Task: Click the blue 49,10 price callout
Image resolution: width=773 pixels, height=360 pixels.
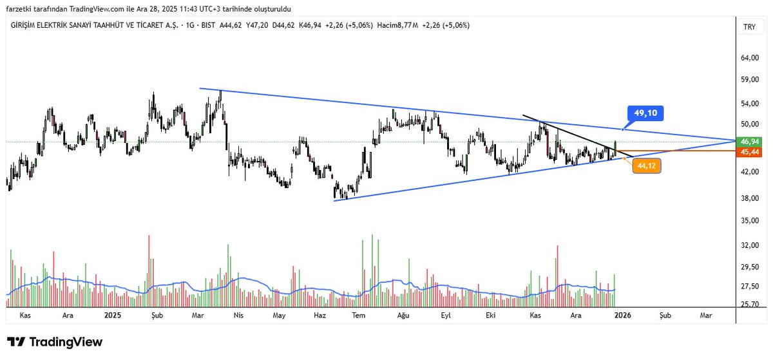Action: [x=645, y=113]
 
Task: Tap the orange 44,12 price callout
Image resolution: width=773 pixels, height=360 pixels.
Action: [x=648, y=166]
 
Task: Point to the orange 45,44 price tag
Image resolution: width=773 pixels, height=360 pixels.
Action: [x=749, y=151]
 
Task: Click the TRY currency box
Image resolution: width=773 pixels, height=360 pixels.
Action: [x=749, y=26]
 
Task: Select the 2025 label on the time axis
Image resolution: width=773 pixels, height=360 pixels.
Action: [x=113, y=316]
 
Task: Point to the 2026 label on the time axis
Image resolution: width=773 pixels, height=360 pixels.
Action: [x=622, y=316]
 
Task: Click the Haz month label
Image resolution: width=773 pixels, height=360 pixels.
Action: [x=320, y=316]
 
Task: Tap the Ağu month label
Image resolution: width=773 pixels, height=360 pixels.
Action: [x=403, y=316]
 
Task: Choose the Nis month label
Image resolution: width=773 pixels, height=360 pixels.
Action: [x=238, y=316]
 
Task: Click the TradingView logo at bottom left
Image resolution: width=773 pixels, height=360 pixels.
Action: [x=55, y=342]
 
